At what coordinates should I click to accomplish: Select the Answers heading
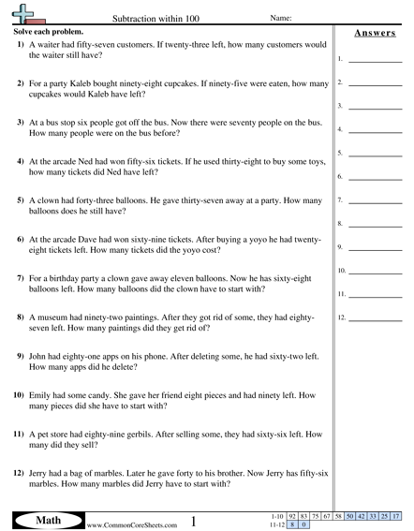(x=374, y=34)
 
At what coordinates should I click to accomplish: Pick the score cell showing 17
(x=397, y=516)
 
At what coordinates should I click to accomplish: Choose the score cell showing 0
(x=306, y=524)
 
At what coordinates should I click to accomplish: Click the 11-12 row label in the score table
(x=275, y=524)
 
